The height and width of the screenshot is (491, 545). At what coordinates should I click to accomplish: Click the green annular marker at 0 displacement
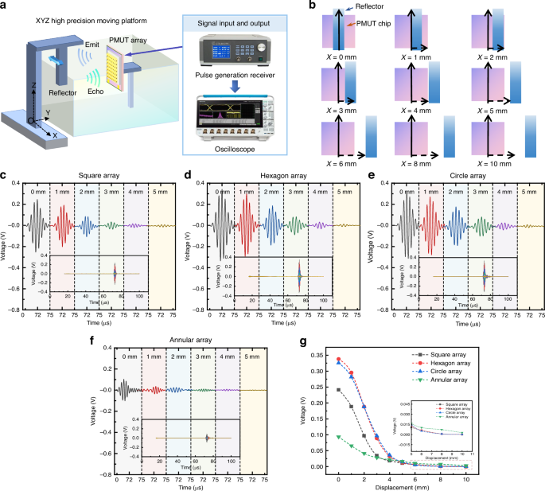pos(339,437)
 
